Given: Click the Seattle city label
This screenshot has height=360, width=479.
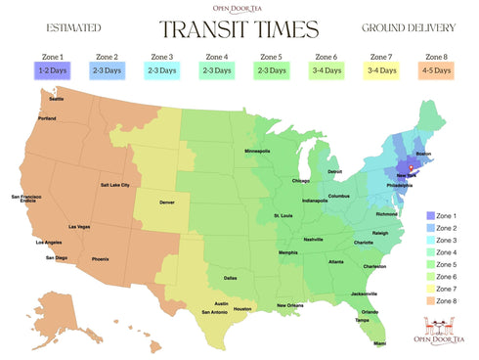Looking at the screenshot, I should point(56,98).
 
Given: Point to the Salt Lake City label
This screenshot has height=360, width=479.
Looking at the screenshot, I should point(115,185).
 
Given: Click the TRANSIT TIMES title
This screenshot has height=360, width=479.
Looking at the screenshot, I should point(239,30).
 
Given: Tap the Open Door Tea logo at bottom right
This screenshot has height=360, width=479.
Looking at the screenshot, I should point(440,334).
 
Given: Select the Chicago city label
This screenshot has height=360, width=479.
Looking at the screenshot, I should point(299,181).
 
